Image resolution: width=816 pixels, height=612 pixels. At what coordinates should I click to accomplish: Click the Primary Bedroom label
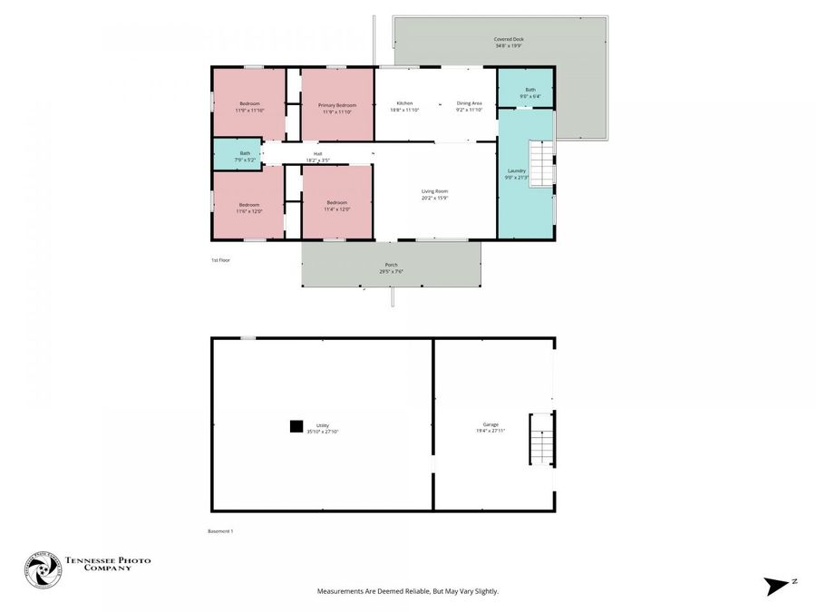[x=336, y=105]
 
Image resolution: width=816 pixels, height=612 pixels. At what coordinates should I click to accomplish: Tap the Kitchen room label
[x=404, y=103]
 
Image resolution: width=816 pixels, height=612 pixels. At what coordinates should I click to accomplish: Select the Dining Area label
[x=469, y=103]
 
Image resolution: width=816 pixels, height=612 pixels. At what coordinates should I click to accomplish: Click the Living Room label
[x=434, y=191]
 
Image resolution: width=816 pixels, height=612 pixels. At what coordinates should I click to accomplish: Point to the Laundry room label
[x=517, y=170]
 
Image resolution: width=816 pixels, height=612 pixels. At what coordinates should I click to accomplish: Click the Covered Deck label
[x=509, y=40]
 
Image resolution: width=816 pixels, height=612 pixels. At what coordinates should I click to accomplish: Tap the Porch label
[x=391, y=265]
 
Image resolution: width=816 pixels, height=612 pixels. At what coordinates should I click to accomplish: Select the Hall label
[x=317, y=154]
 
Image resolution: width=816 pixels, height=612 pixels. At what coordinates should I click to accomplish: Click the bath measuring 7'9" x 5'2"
[x=245, y=153]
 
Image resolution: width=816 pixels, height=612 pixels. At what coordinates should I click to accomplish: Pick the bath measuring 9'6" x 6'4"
[x=529, y=90]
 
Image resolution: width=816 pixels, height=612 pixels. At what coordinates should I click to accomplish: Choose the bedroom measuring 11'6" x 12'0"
[x=249, y=205]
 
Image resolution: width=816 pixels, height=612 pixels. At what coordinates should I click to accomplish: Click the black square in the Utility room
[x=296, y=425]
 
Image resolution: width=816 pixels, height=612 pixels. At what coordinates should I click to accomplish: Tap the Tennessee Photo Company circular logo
[x=43, y=570]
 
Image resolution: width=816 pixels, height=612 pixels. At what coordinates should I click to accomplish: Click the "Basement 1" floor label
[x=220, y=531]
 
